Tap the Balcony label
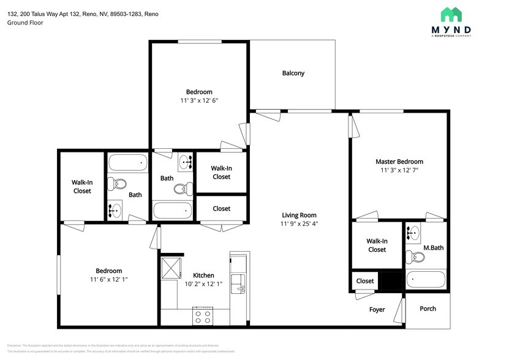pos(293,73)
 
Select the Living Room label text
pos(299,215)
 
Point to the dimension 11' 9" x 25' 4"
pos(299,224)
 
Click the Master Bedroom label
pos(399,162)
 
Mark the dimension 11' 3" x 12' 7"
pos(399,171)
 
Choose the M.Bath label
pos(433,248)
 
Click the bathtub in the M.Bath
pos(426,279)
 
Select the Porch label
pos(428,309)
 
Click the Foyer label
pos(377,310)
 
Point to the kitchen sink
pos(238,283)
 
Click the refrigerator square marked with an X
pos(169,269)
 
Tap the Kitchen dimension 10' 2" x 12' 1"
pos(203,284)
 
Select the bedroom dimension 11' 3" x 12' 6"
pos(199,100)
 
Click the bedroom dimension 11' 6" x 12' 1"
pos(108,279)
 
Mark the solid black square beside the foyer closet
pos(391,280)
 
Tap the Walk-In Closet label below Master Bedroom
pos(377,245)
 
